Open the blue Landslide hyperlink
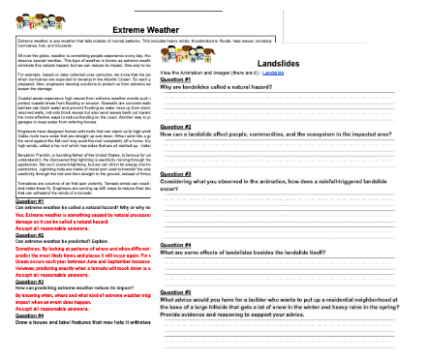[x=272, y=72]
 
